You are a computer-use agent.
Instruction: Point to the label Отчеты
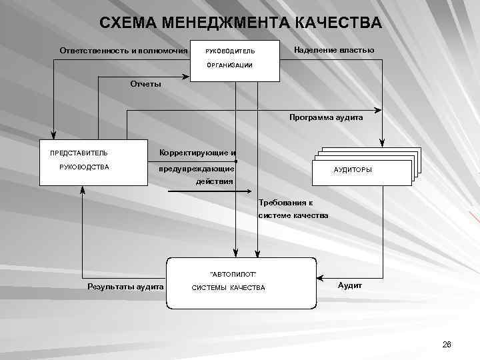pyautogui.click(x=145, y=84)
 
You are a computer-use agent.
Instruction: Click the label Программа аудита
pyautogui.click(x=326, y=117)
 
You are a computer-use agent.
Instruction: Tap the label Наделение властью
pyautogui.click(x=334, y=51)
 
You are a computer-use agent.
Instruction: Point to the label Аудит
pyautogui.click(x=350, y=285)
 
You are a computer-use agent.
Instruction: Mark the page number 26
pyautogui.click(x=447, y=344)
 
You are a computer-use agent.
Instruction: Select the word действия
pyautogui.click(x=214, y=181)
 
